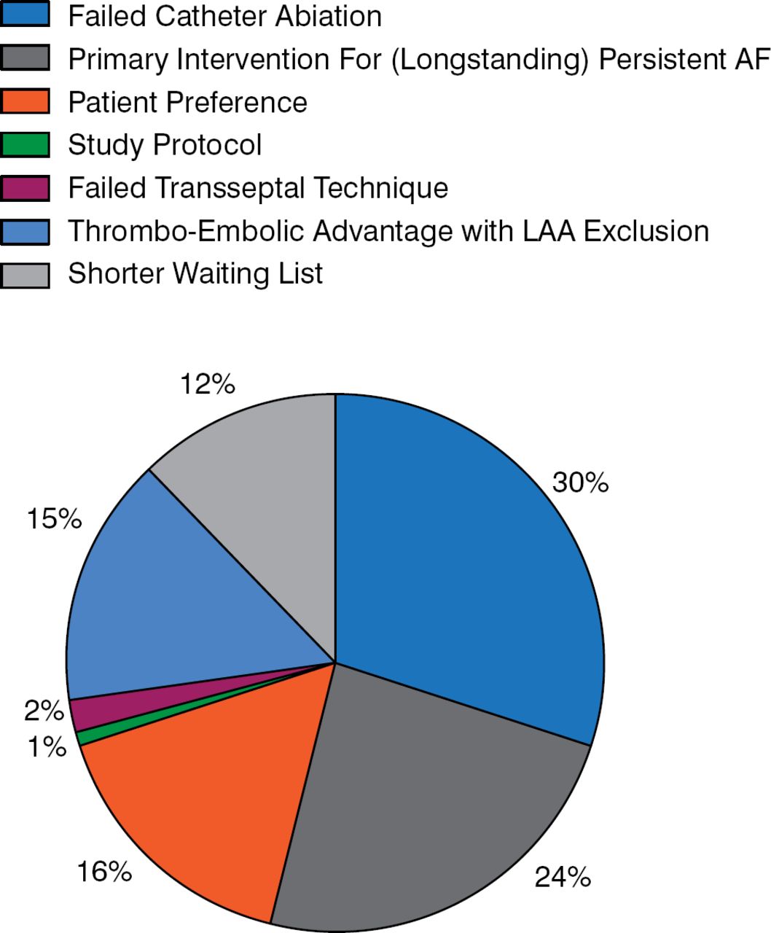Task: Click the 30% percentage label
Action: tap(580, 483)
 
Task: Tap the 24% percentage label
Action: tap(563, 877)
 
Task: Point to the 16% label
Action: tap(104, 870)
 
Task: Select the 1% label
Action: tap(47, 746)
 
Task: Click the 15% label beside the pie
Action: tap(54, 519)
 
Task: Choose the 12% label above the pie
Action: tap(208, 384)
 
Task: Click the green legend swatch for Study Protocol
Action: tap(25, 144)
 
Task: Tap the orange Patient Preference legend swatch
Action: tap(25, 101)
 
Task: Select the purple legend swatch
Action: tap(25, 188)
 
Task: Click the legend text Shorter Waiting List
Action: tap(195, 274)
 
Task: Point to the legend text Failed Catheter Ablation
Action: tap(224, 16)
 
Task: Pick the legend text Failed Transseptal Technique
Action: tap(258, 188)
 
